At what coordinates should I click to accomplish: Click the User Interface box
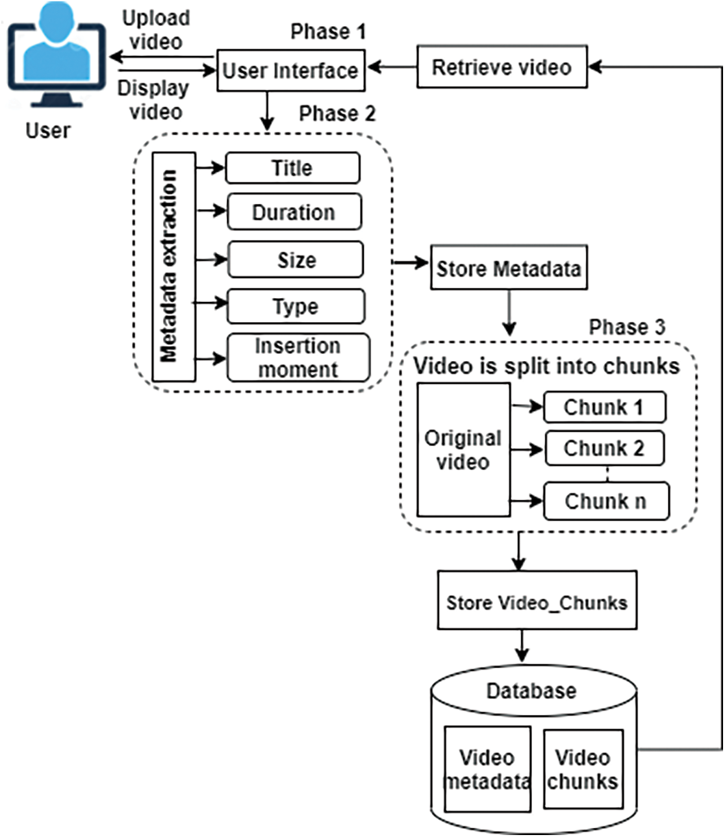pyautogui.click(x=290, y=70)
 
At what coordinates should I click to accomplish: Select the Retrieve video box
pyautogui.click(x=502, y=67)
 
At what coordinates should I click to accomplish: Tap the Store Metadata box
pyautogui.click(x=509, y=268)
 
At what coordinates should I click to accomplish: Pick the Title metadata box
pyautogui.click(x=292, y=168)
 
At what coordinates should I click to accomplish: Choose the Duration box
pyautogui.click(x=294, y=212)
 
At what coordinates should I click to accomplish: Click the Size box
pyautogui.click(x=296, y=260)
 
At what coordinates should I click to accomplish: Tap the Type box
pyautogui.click(x=296, y=306)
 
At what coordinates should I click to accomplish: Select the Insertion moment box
pyautogui.click(x=298, y=358)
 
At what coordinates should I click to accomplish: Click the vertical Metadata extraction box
pyautogui.click(x=173, y=266)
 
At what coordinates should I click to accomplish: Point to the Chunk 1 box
pyautogui.click(x=604, y=407)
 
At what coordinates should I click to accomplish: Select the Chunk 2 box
pyautogui.click(x=604, y=448)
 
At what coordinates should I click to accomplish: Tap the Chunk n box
pyautogui.click(x=605, y=501)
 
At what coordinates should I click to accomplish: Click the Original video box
pyautogui.click(x=463, y=449)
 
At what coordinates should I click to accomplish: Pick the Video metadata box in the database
pyautogui.click(x=487, y=769)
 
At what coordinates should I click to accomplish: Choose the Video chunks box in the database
pyautogui.click(x=583, y=769)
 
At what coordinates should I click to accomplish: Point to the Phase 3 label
pyautogui.click(x=627, y=327)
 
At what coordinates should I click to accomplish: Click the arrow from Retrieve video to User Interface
pyautogui.click(x=391, y=67)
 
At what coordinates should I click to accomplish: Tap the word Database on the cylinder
pyautogui.click(x=531, y=690)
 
